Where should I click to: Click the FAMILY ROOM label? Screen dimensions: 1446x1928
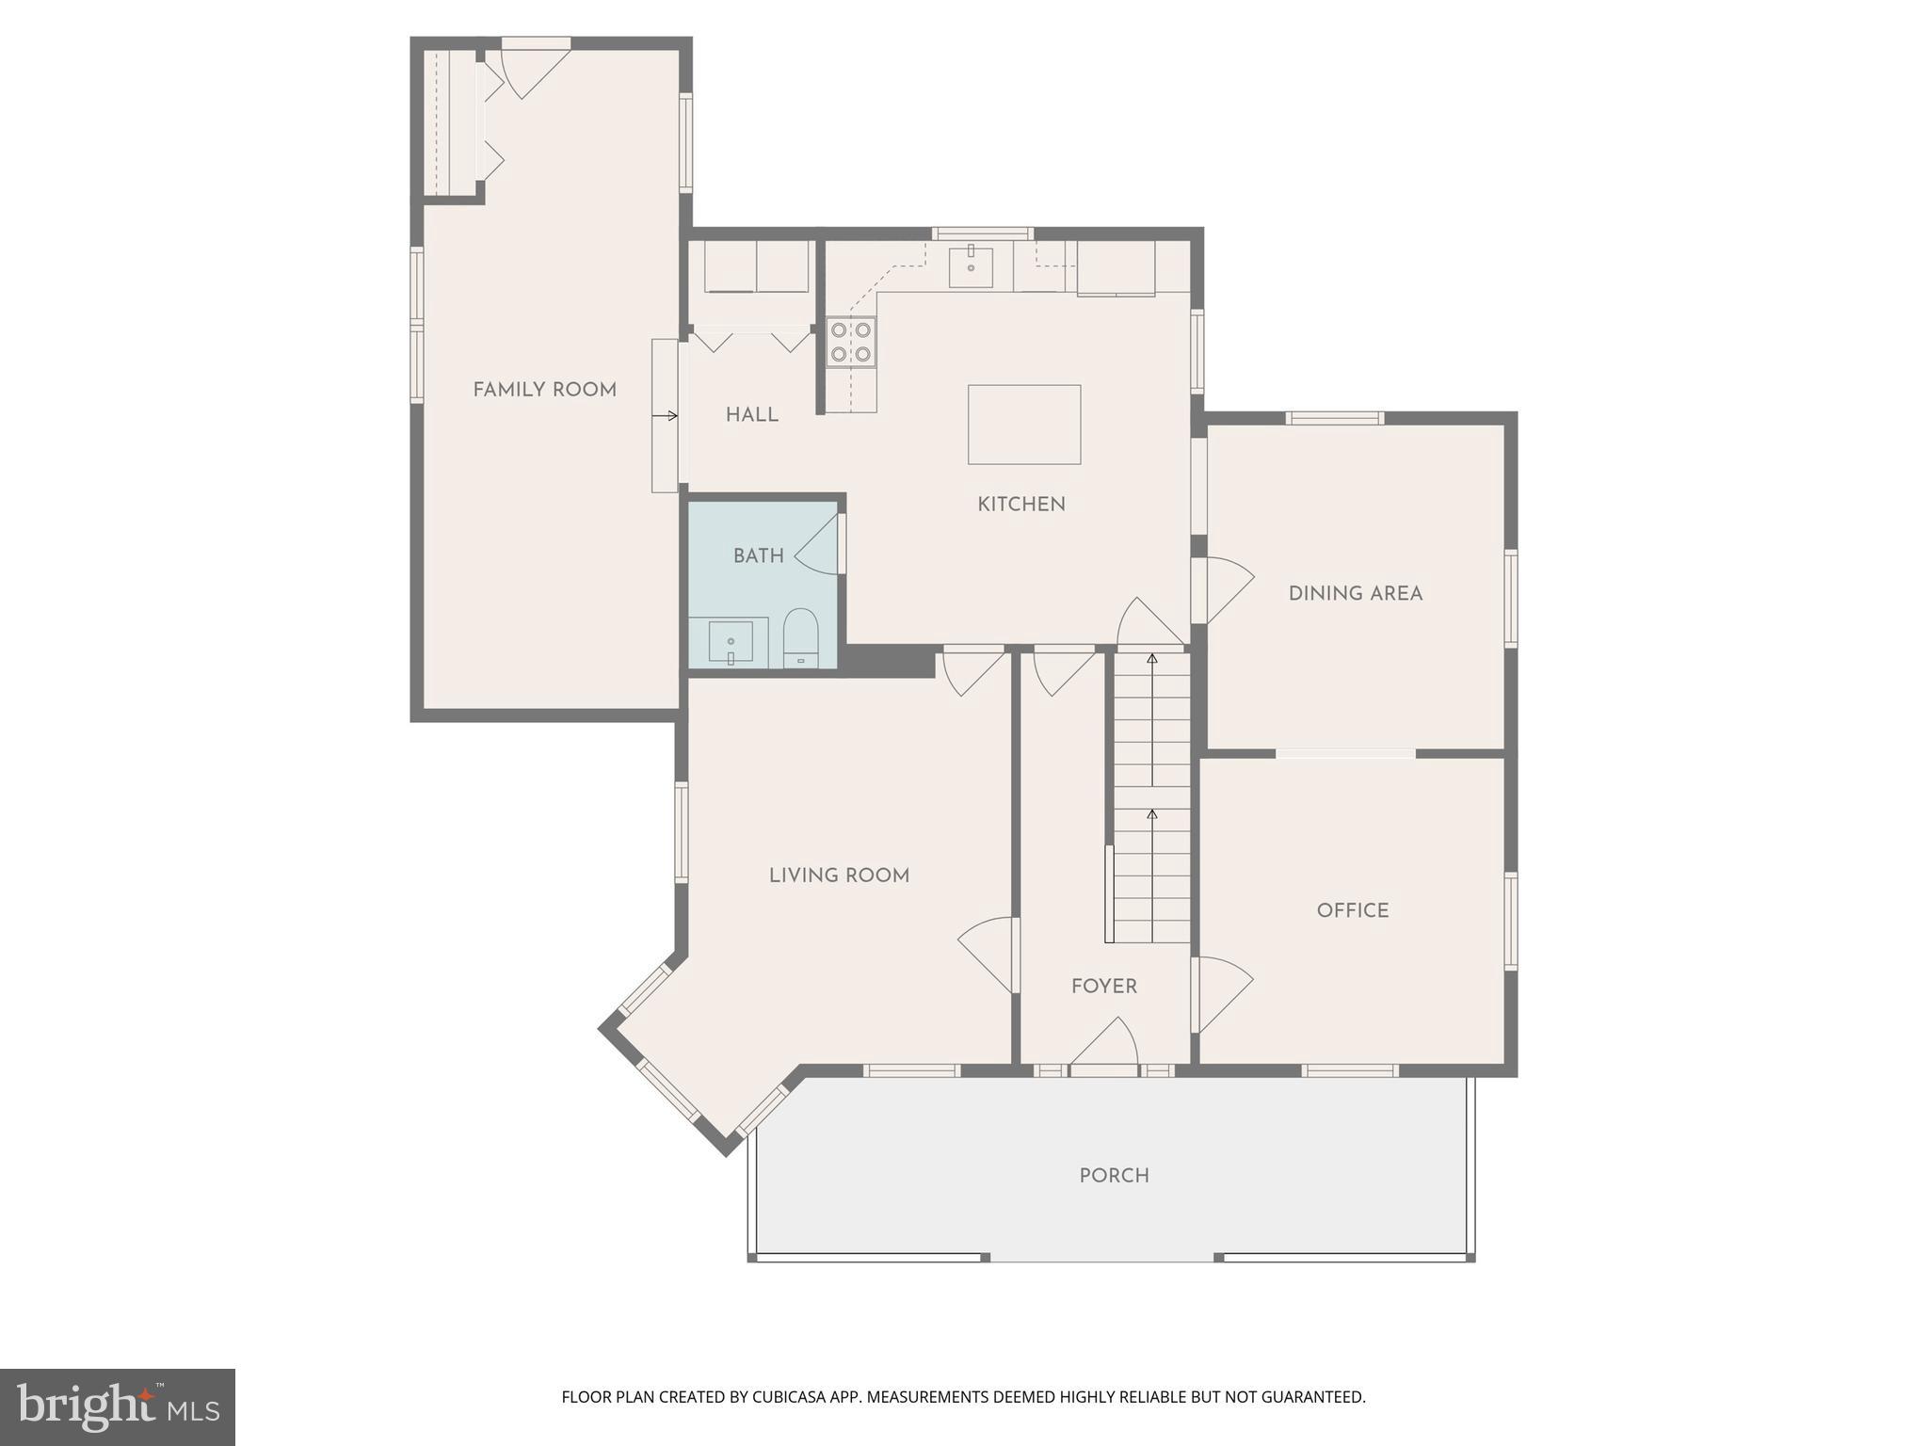coord(544,390)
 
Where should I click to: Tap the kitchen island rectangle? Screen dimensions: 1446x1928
coord(1024,425)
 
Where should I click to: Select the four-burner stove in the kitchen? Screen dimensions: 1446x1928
coord(851,342)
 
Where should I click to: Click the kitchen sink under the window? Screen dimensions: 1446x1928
coord(971,266)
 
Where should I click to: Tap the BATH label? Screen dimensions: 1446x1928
coord(758,556)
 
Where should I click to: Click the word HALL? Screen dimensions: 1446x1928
coord(751,415)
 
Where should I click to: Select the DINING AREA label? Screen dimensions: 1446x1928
coord(1355,594)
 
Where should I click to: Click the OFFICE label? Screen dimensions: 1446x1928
coord(1352,910)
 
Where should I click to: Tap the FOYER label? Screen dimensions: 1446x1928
coord(1103,987)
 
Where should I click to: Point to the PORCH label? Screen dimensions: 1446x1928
coord(1114,1176)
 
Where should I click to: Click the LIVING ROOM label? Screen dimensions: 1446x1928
coord(839,876)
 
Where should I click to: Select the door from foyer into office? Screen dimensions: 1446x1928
coord(1222,993)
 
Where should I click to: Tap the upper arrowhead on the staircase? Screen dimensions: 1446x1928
coord(1151,659)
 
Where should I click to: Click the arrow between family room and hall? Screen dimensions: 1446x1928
coord(666,416)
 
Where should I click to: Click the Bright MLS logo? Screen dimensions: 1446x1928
coord(117,1407)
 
